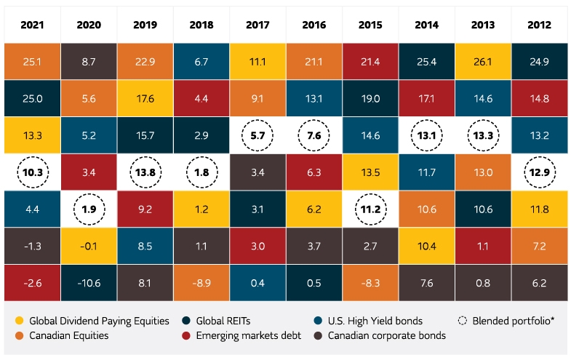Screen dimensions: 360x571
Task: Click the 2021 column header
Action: tap(31, 25)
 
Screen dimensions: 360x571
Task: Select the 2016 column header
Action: tap(314, 25)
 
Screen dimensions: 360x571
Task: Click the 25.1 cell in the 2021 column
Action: tap(31, 61)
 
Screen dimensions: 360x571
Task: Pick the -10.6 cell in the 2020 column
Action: tap(88, 281)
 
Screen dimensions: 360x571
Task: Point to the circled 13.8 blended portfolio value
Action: tap(145, 172)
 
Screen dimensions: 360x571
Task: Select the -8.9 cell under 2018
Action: tap(201, 281)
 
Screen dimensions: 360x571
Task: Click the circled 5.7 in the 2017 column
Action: tap(258, 135)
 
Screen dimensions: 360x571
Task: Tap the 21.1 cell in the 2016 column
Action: tap(314, 61)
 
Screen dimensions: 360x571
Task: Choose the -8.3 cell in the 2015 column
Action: tap(371, 281)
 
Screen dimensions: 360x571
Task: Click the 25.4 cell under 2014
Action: tap(428, 61)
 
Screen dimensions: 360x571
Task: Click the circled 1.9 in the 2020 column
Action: tap(88, 209)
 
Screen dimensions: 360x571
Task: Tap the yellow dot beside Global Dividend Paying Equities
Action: tap(19, 321)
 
